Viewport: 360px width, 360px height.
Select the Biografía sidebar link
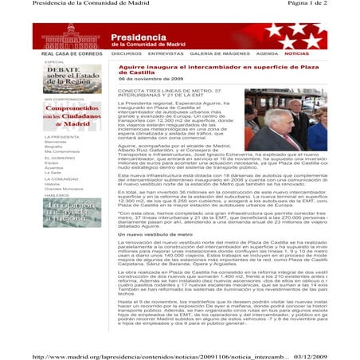coord(54,147)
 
